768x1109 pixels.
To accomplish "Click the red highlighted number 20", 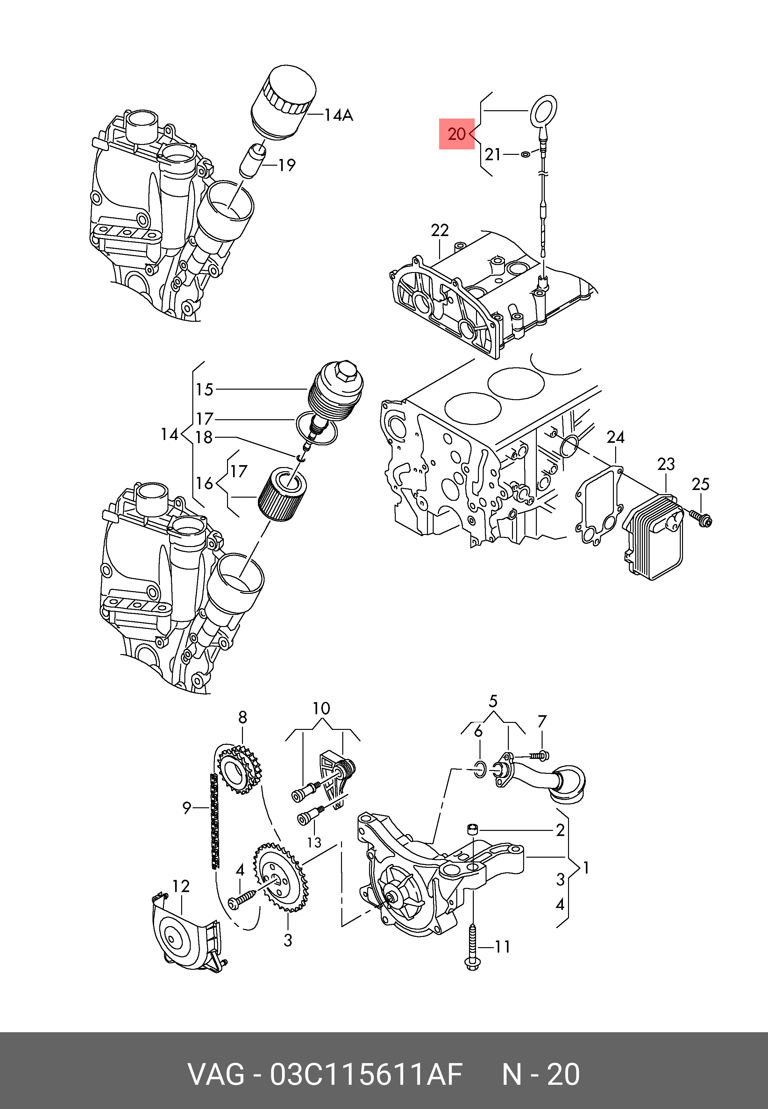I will pyautogui.click(x=456, y=133).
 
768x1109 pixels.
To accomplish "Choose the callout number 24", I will pyautogui.click(x=615, y=437).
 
